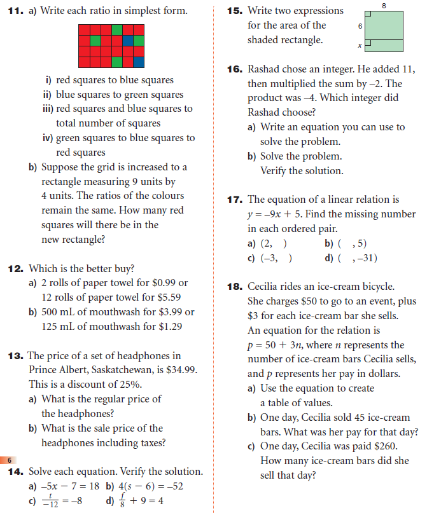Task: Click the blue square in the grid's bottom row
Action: click(138, 62)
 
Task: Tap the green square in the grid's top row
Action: click(116, 30)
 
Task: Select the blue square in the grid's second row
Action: click(127, 41)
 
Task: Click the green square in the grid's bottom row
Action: click(116, 62)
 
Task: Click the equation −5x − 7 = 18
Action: click(64, 486)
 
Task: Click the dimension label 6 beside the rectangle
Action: click(361, 27)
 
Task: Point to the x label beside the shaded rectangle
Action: click(360, 46)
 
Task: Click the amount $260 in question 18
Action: click(372, 446)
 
